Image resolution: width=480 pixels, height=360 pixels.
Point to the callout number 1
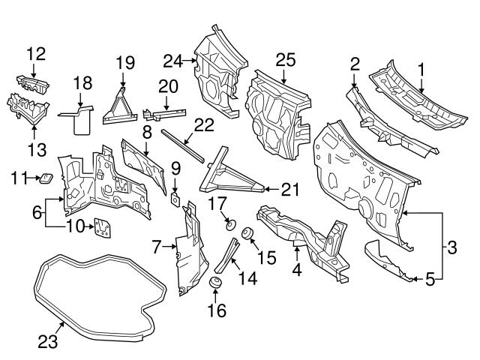pos(421,69)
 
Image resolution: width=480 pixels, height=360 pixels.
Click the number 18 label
pos(82,82)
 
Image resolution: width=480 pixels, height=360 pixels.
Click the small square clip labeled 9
pos(175,197)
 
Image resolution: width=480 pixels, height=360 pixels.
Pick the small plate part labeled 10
pos(99,227)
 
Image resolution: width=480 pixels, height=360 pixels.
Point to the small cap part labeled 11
pos(45,178)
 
